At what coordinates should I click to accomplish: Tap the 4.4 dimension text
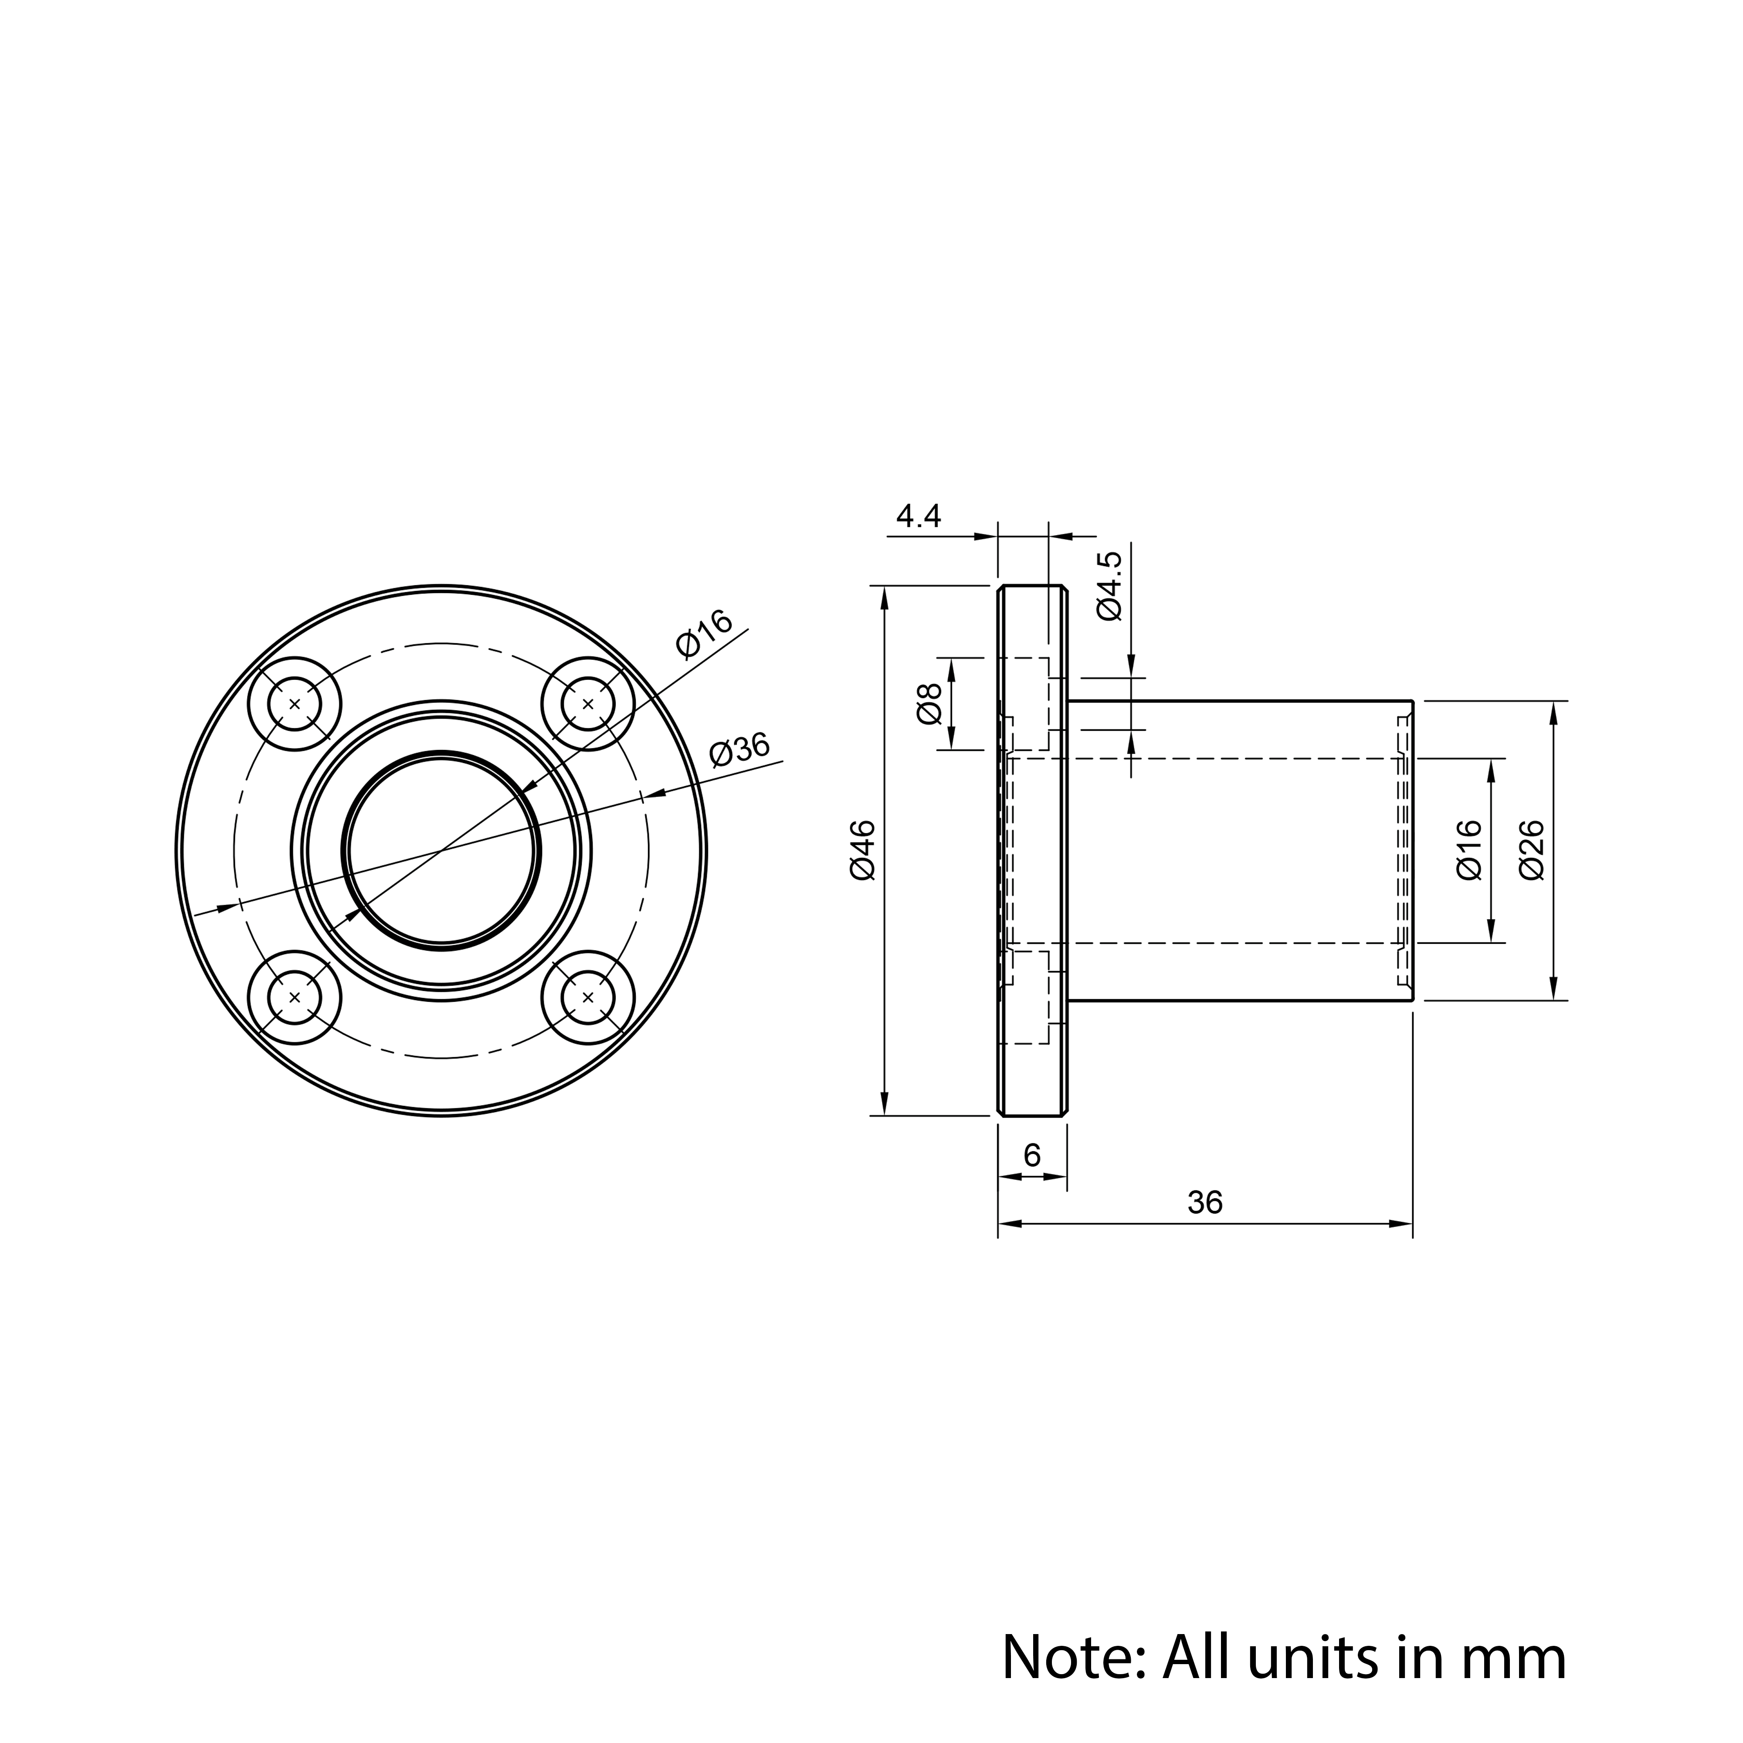click(x=919, y=516)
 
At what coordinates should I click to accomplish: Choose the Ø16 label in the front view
click(x=705, y=634)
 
